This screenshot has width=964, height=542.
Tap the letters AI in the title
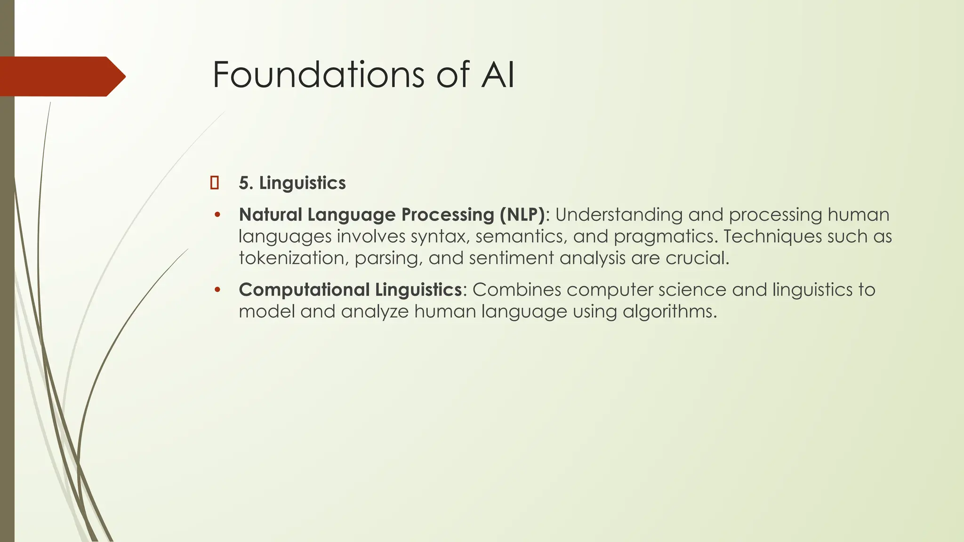pyautogui.click(x=498, y=74)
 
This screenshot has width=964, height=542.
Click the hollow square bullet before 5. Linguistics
pyautogui.click(x=215, y=183)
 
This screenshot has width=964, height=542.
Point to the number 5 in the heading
pyautogui.click(x=243, y=183)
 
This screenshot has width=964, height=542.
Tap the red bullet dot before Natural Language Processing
pyautogui.click(x=217, y=215)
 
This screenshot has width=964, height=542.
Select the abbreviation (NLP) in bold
pyautogui.click(x=522, y=215)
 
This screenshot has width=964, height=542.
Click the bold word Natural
pyautogui.click(x=271, y=215)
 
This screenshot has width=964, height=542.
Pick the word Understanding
pyautogui.click(x=619, y=215)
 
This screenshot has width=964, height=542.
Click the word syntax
pyautogui.click(x=440, y=237)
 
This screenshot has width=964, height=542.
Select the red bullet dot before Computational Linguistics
pyautogui.click(x=217, y=290)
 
